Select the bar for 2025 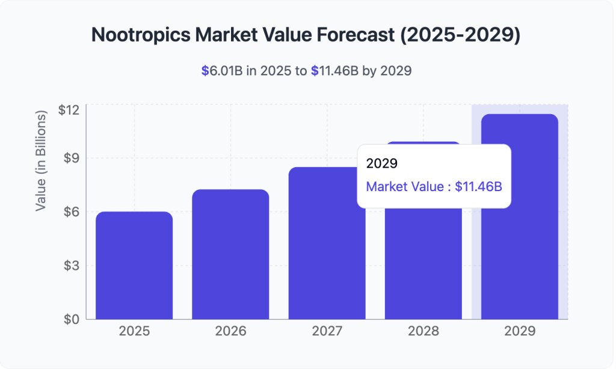[x=134, y=266]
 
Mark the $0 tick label [x=72, y=319]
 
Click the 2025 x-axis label [x=134, y=331]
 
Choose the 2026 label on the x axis [x=230, y=331]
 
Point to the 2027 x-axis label [x=327, y=331]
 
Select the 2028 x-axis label [x=423, y=331]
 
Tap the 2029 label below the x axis [x=520, y=331]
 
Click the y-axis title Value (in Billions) [x=41, y=160]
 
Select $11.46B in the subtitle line [x=334, y=71]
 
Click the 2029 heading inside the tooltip [x=381, y=163]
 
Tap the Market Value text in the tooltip [x=405, y=186]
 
